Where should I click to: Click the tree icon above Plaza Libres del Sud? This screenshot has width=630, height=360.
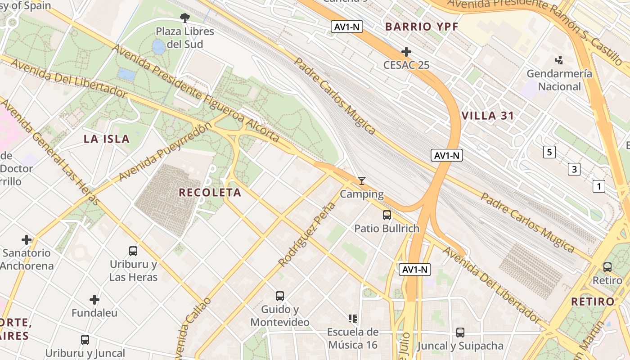point(184,18)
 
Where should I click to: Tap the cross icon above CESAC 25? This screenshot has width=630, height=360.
point(406,52)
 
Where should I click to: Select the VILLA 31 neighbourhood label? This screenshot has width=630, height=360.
point(488,116)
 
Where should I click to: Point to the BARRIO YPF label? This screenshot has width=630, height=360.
point(422,27)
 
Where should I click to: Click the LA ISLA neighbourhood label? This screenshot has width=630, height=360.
point(107,139)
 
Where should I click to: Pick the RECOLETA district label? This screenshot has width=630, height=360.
point(210,193)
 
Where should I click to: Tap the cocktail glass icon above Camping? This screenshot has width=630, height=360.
point(362,181)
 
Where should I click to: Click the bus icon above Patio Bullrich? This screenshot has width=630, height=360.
point(387,215)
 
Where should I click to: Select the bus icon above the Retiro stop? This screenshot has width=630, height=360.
point(607,267)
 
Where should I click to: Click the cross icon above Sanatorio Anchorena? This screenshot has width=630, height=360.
point(27,240)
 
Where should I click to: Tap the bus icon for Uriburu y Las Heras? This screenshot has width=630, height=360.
point(133,251)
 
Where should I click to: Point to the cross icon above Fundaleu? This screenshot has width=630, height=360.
point(94,300)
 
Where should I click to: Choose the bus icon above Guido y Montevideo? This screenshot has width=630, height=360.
point(280,296)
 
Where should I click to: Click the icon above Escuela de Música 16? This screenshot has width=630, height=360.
point(353,319)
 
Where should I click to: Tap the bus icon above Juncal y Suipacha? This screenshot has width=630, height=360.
point(460,333)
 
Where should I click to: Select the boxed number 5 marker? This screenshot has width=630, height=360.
point(549,152)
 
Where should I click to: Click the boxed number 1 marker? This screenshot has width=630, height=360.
point(599,186)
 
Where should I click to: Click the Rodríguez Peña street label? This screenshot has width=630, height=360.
point(307,234)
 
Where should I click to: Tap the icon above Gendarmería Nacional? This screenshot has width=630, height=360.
point(559,60)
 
